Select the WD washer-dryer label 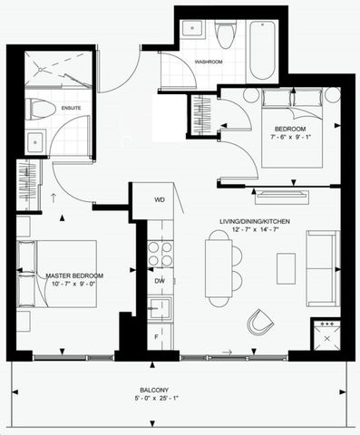click(160, 199)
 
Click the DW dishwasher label click(159, 281)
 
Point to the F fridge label click(155, 337)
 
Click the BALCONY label click(180, 391)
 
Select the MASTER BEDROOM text click(63, 275)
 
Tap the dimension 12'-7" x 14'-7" click(235, 232)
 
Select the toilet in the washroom click(226, 34)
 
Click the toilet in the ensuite click(41, 109)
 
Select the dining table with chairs click(219, 265)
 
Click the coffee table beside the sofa click(286, 268)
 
